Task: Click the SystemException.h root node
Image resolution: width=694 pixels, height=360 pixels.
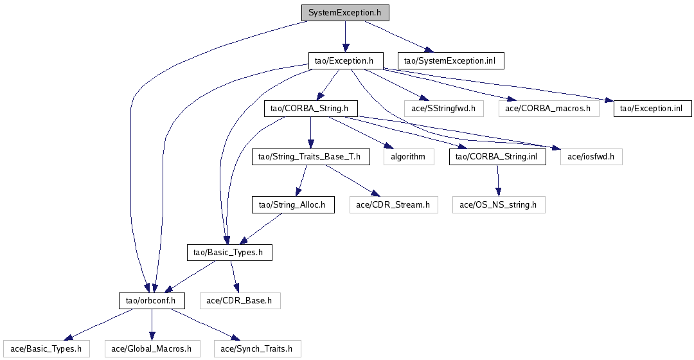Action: click(345, 13)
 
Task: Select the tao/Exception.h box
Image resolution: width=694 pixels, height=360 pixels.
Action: click(345, 61)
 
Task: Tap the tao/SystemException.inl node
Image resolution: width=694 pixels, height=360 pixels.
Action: click(450, 61)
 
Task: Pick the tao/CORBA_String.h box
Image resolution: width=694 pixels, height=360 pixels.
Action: click(310, 109)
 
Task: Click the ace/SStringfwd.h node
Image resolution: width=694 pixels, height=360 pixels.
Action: click(443, 109)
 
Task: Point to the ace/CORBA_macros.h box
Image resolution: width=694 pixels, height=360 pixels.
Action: click(548, 109)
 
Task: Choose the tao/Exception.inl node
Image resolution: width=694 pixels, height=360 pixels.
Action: click(652, 109)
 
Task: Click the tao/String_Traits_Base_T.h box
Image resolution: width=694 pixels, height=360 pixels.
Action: click(310, 156)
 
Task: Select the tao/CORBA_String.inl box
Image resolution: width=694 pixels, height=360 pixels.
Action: click(497, 156)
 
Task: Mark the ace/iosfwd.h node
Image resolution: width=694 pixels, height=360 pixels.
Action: click(591, 156)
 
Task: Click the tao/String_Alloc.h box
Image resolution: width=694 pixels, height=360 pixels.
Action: click(292, 205)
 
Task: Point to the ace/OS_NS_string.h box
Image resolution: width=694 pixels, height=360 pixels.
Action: click(499, 205)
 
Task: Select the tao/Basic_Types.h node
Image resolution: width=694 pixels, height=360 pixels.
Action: click(229, 253)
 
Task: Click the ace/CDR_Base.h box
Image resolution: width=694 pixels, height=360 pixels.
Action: click(240, 300)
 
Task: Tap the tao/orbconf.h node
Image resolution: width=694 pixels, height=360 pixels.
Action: click(152, 300)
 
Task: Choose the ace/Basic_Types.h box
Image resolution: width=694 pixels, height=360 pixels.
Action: click(45, 349)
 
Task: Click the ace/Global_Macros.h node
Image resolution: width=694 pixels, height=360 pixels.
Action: click(151, 349)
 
